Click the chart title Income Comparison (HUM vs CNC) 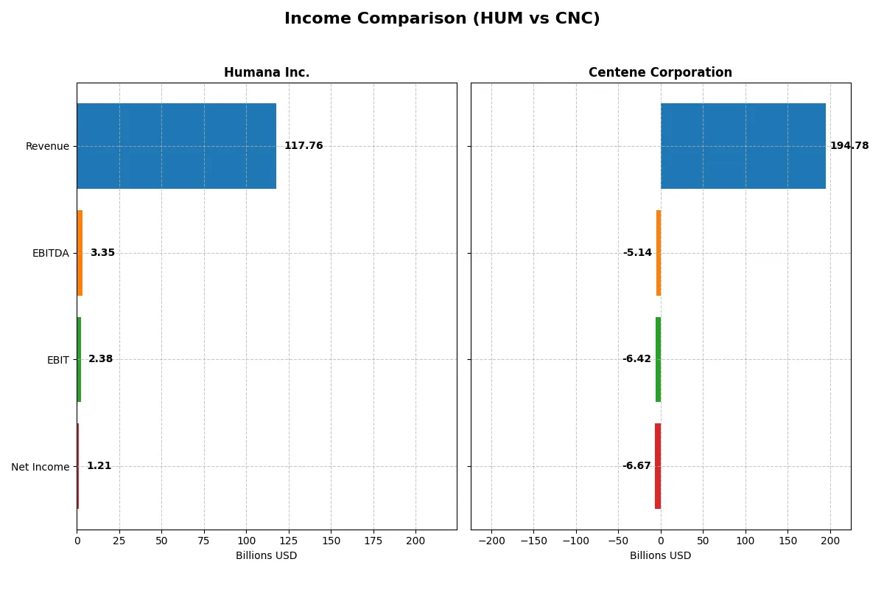[x=442, y=19]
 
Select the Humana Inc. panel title [x=267, y=72]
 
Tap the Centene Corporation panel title [x=660, y=72]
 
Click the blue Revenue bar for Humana [x=177, y=146]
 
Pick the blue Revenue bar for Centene [x=743, y=146]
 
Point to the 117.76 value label [x=304, y=146]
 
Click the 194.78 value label [x=849, y=146]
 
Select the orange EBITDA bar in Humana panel [x=80, y=253]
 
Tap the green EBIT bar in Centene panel [x=658, y=359]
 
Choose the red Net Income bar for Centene [x=658, y=466]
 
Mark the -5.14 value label [x=637, y=253]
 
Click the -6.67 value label [x=636, y=466]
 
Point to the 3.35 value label [x=102, y=253]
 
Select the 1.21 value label [x=99, y=466]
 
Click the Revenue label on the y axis [x=47, y=147]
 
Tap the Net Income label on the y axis [x=41, y=467]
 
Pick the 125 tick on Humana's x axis [x=289, y=541]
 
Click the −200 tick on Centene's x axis [x=491, y=541]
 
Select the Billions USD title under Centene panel [x=660, y=555]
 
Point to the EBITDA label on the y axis [x=50, y=253]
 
